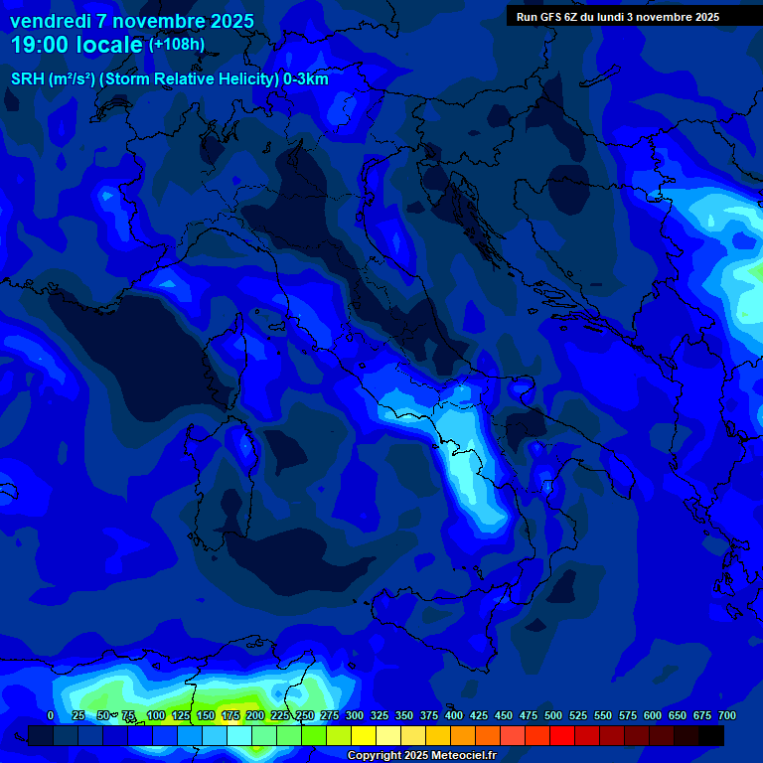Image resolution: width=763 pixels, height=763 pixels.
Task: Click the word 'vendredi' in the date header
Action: click(x=50, y=21)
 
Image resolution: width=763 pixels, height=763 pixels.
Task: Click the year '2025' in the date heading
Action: click(x=226, y=21)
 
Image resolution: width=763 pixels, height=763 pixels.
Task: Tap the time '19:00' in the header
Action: click(x=40, y=45)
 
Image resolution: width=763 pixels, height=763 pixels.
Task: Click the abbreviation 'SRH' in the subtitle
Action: click(x=28, y=79)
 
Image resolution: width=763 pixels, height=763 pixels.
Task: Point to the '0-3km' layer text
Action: click(x=306, y=79)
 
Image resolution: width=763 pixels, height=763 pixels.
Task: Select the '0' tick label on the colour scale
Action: click(x=51, y=715)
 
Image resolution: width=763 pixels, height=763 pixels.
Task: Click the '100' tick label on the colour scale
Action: click(x=155, y=715)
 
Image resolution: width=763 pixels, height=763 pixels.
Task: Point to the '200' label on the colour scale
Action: click(x=254, y=715)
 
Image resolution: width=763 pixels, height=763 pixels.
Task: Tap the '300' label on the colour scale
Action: click(x=354, y=715)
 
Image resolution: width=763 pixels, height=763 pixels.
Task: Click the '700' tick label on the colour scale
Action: click(x=726, y=715)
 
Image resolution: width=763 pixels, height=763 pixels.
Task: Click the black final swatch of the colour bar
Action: click(x=711, y=735)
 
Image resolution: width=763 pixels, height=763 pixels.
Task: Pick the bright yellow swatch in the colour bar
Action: click(x=364, y=735)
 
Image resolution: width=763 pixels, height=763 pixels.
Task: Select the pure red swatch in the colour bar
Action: click(x=562, y=735)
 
